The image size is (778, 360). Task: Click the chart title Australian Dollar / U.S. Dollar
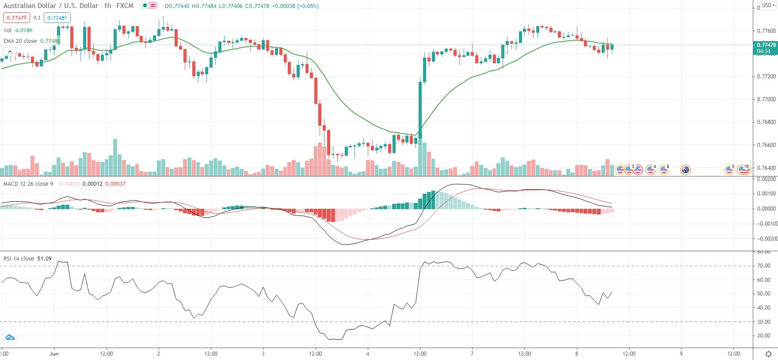click(51, 6)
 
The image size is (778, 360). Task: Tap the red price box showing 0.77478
click(16, 18)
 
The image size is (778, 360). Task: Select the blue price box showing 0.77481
click(57, 18)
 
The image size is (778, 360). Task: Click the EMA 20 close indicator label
click(20, 41)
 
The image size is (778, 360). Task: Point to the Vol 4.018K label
click(18, 30)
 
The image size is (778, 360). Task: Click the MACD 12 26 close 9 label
click(28, 184)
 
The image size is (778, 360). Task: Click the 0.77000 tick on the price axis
click(766, 99)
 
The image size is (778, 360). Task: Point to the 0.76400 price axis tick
click(766, 168)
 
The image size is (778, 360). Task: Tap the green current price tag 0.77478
click(766, 45)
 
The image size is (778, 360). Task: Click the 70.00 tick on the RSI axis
click(764, 266)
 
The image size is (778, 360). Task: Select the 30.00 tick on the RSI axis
click(764, 322)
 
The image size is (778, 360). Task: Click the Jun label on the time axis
click(54, 353)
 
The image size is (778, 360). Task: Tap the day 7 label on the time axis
click(472, 353)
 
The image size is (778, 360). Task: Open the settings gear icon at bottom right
click(768, 354)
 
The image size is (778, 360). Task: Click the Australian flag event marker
click(686, 169)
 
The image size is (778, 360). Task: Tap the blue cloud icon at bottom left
click(9, 337)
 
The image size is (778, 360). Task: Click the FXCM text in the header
click(125, 6)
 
